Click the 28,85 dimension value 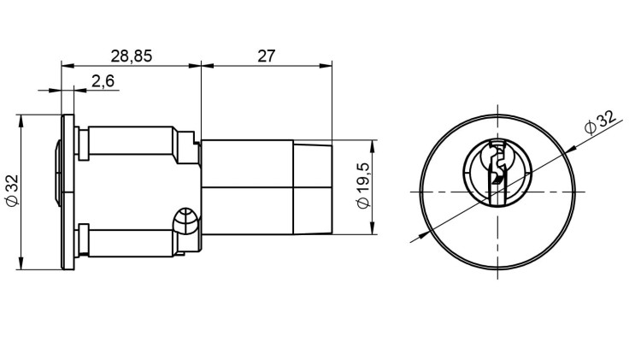(131, 56)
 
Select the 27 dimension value (266, 56)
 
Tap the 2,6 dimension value (103, 81)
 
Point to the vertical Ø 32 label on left (11, 191)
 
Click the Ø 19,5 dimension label (362, 186)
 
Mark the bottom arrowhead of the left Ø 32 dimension (21, 265)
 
